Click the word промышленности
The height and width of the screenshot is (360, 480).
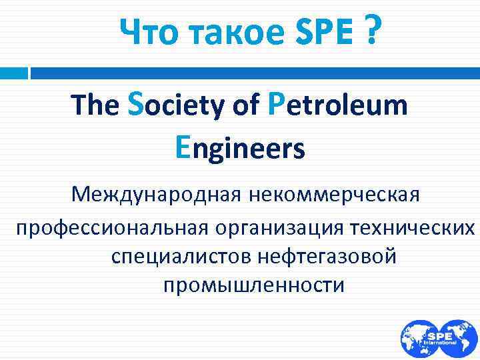254,285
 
